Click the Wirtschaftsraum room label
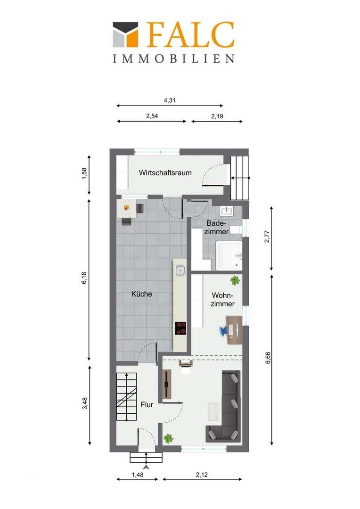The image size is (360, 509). pyautogui.click(x=165, y=172)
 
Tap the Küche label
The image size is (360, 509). pyautogui.click(x=141, y=294)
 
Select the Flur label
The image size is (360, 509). pyautogui.click(x=147, y=405)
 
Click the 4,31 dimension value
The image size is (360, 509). pyautogui.click(x=170, y=100)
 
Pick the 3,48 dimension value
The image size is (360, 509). pyautogui.click(x=85, y=403)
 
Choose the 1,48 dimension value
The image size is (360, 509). pyautogui.click(x=138, y=475)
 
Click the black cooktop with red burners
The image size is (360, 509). pyautogui.click(x=180, y=328)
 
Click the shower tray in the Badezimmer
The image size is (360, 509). pyautogui.click(x=229, y=255)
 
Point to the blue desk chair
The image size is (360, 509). pyautogui.click(x=224, y=330)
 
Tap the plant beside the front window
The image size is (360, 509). pyautogui.click(x=168, y=439)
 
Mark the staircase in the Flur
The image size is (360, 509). pyautogui.click(x=127, y=397)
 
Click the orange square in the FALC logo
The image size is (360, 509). pyautogui.click(x=132, y=38)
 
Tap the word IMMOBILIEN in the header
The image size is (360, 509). pyautogui.click(x=174, y=58)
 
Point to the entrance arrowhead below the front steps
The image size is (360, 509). pyautogui.click(x=147, y=467)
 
